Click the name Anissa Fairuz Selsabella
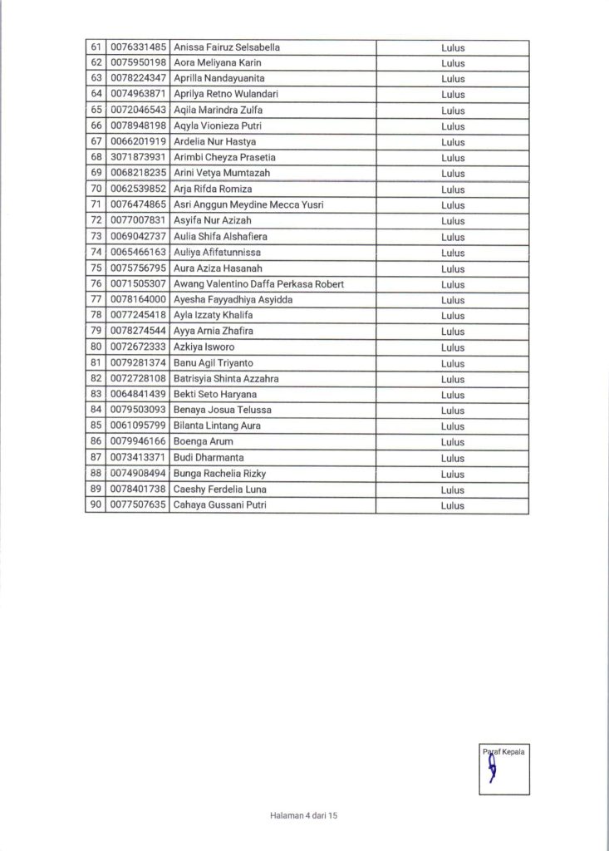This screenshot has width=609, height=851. [226, 47]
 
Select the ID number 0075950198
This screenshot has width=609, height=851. [137, 63]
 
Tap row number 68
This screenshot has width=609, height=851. [95, 158]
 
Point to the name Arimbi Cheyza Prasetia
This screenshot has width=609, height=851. [223, 158]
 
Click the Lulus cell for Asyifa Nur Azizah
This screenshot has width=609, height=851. [453, 221]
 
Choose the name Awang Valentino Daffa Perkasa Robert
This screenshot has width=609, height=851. [258, 284]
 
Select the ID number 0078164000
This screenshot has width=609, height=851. [137, 300]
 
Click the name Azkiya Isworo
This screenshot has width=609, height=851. [203, 347]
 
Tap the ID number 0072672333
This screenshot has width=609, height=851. [137, 347]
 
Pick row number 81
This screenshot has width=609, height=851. [95, 363]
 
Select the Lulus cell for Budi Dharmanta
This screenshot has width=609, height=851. [453, 458]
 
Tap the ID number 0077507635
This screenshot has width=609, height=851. [137, 505]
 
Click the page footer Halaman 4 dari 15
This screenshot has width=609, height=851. [304, 817]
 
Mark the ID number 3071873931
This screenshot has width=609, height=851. [137, 158]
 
